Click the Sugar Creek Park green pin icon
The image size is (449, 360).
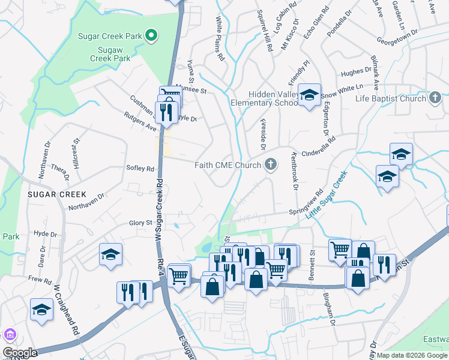152,36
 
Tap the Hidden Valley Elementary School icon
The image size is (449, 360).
310,95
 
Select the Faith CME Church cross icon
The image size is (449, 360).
271,165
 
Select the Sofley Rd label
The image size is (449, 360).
140,169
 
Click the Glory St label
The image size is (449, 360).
141,223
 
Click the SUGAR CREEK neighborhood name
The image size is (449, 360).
56,195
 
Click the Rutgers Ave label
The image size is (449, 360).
140,121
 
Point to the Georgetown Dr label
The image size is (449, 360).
396,40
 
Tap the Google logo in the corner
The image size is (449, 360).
20,353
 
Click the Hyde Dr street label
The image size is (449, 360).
46,234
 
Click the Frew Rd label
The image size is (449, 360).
40,279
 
